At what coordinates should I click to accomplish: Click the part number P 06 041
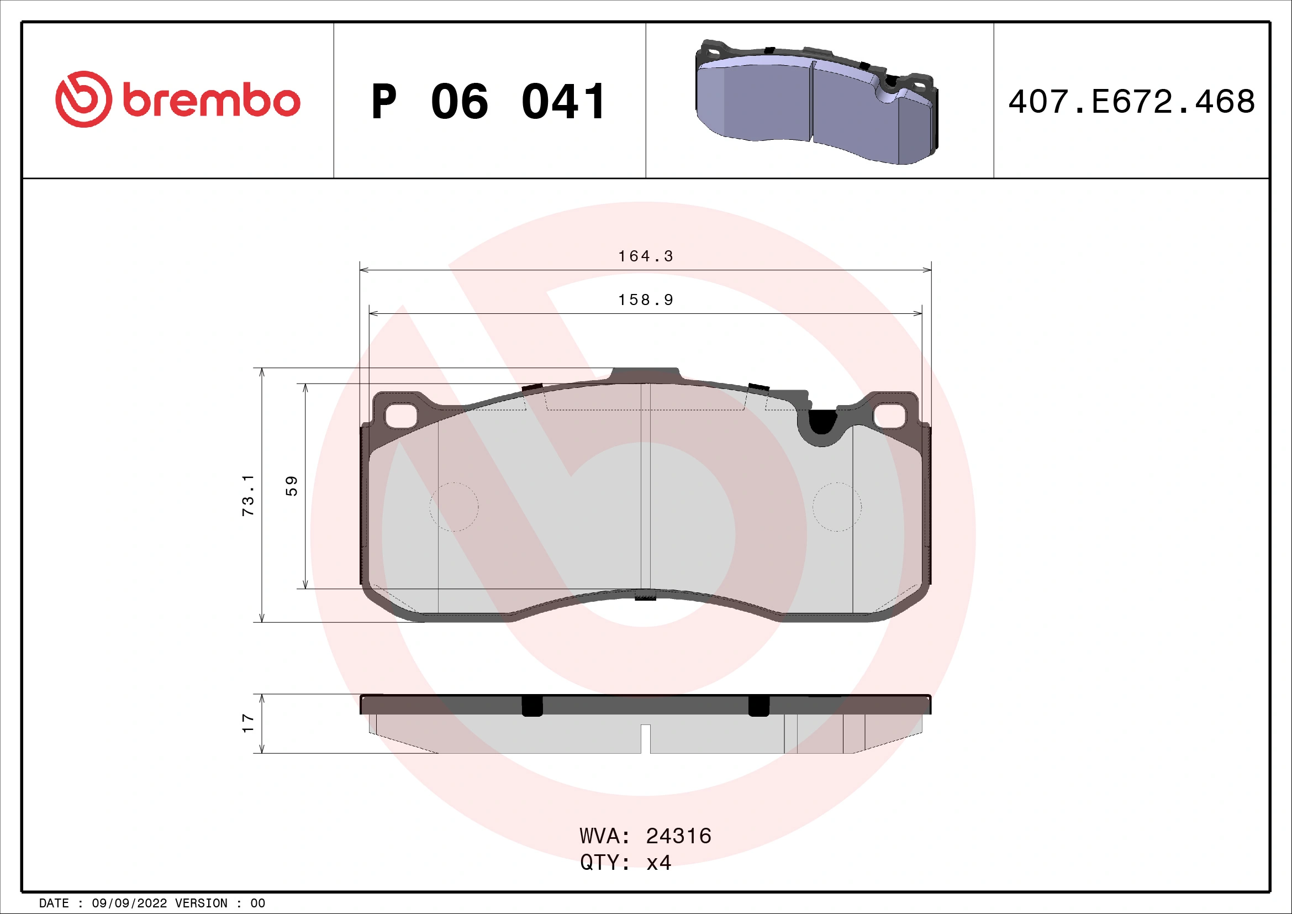(x=488, y=102)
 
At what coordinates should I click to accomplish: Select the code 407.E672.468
(x=1131, y=102)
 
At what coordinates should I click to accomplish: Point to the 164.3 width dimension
(x=645, y=256)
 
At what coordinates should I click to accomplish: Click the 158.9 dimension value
(x=645, y=300)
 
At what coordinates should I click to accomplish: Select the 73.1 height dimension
(x=248, y=495)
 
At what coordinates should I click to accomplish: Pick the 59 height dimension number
(x=292, y=486)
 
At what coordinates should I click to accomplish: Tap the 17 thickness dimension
(x=248, y=723)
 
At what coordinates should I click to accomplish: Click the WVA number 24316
(x=678, y=836)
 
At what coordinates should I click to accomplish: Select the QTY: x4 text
(x=625, y=862)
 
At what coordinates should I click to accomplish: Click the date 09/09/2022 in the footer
(x=129, y=904)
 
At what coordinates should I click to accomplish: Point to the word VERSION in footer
(x=201, y=904)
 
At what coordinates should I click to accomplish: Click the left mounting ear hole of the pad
(x=400, y=416)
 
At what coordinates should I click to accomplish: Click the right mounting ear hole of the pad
(x=890, y=416)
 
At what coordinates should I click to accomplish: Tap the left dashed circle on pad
(x=453, y=507)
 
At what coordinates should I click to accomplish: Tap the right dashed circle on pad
(x=837, y=507)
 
